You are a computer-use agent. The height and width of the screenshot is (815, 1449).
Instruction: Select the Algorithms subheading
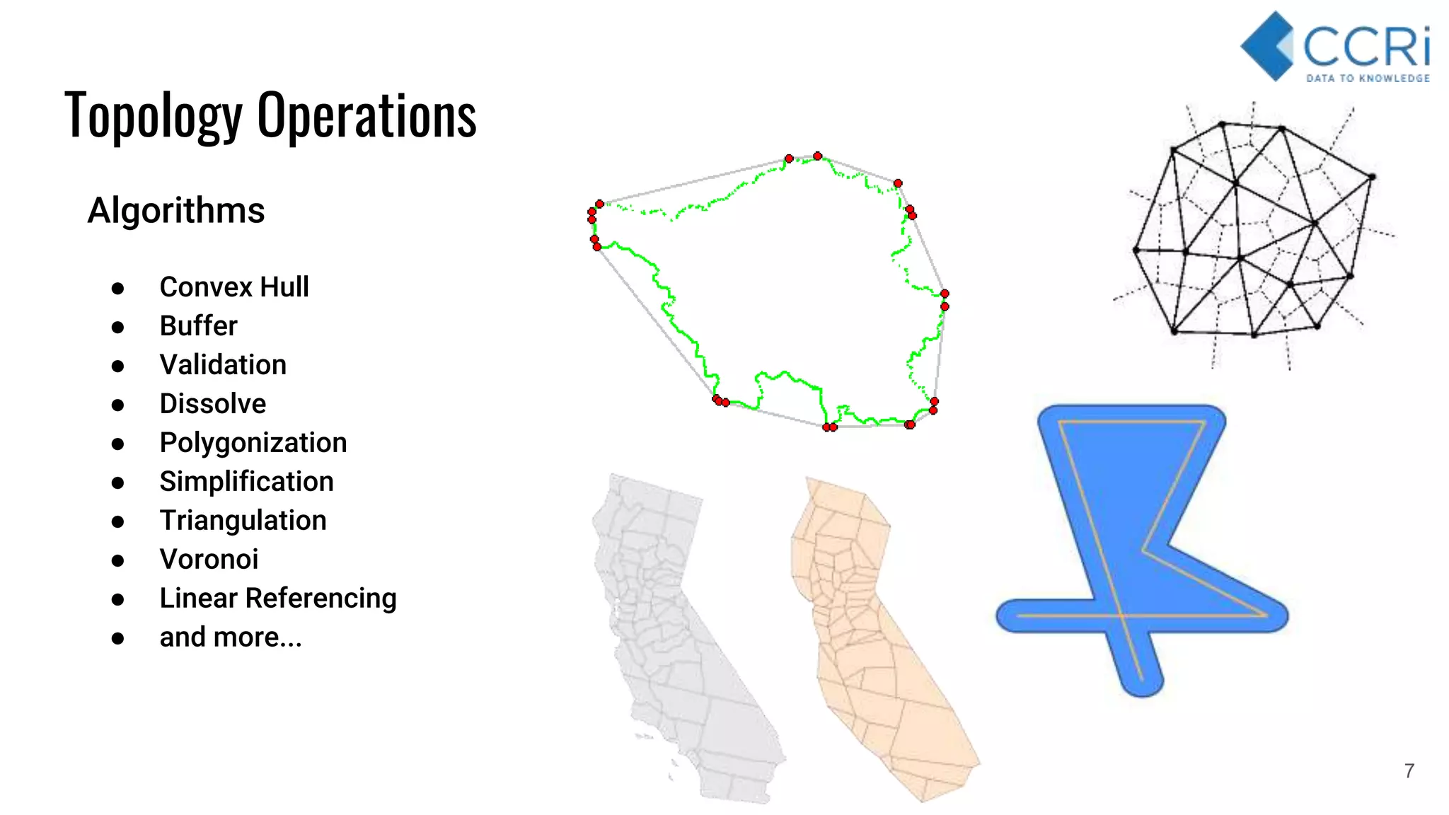pos(176,211)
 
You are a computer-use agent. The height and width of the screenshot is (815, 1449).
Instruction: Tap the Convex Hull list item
pos(234,287)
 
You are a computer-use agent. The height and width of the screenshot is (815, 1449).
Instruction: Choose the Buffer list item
pos(198,326)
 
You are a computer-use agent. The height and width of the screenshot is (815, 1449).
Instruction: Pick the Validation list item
pos(223,365)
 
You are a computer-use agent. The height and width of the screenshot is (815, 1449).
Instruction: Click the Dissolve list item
pos(213,404)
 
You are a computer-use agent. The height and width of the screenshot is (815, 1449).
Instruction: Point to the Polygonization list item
pos(253,443)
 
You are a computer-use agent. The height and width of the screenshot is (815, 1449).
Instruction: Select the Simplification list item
pos(246,482)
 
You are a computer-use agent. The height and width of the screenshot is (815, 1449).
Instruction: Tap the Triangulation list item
pos(243,521)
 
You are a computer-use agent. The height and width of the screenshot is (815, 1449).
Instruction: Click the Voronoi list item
pos(209,560)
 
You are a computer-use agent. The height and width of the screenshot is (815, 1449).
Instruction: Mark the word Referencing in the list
pos(321,599)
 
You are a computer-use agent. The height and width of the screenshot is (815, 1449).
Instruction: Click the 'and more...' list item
pos(231,637)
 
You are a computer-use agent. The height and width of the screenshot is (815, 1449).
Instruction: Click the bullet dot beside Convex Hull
pos(118,288)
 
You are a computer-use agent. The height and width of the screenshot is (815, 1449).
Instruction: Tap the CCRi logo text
pos(1366,47)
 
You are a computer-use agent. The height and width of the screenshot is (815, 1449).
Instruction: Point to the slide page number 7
pos(1409,771)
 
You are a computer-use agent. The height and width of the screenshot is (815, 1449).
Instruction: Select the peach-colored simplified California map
pos(877,637)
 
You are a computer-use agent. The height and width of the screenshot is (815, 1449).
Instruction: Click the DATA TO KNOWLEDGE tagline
pos(1368,79)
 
